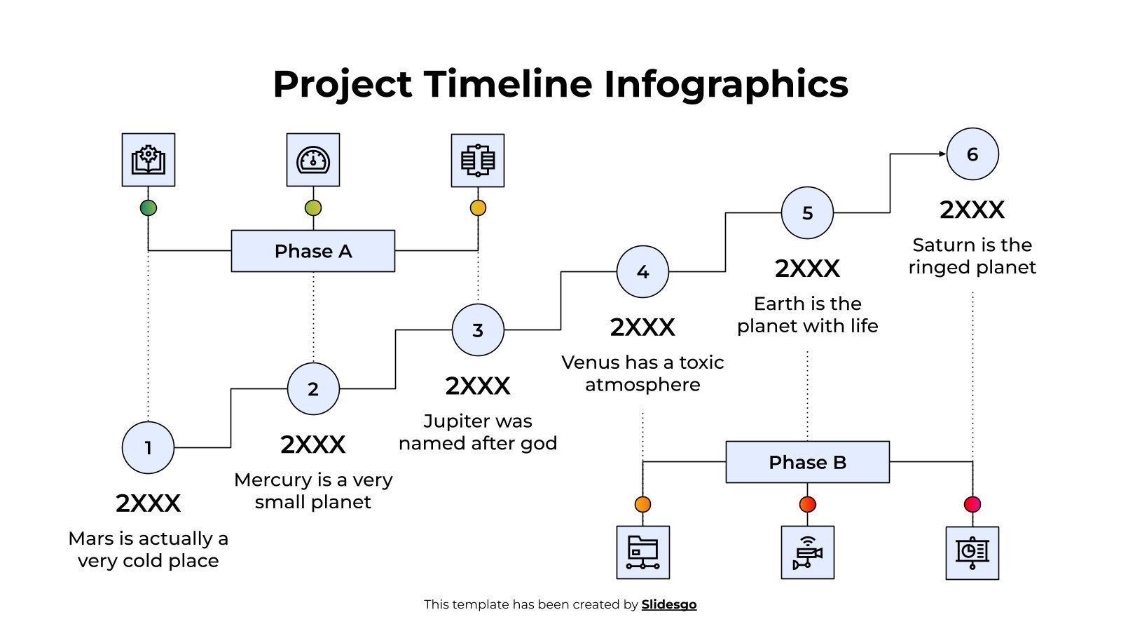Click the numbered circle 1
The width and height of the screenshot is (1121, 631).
coord(148,447)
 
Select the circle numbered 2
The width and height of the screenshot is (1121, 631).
coord(313,388)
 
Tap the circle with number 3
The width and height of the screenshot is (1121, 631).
coord(478,330)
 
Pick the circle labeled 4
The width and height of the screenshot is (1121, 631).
coord(642,271)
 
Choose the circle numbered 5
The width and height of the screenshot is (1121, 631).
coord(807,212)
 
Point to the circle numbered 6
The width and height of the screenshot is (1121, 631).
coord(972,154)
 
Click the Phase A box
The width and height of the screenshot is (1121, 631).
coord(313,251)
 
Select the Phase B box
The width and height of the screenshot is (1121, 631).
coord(807,462)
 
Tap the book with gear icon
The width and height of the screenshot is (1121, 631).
coord(149,160)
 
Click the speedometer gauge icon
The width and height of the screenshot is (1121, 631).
coord(313,160)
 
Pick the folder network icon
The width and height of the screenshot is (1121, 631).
coord(643,552)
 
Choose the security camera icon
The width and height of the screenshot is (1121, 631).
coord(808,552)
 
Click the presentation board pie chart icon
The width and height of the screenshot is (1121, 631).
coord(972,552)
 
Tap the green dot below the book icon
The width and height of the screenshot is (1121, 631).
coord(149,208)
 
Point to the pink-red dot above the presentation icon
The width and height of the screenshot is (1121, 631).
coord(972,504)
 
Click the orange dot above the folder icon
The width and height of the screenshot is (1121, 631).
coord(642,504)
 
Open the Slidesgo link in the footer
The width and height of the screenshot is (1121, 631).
coord(669,604)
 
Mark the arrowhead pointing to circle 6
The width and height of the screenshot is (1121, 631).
coord(942,154)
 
